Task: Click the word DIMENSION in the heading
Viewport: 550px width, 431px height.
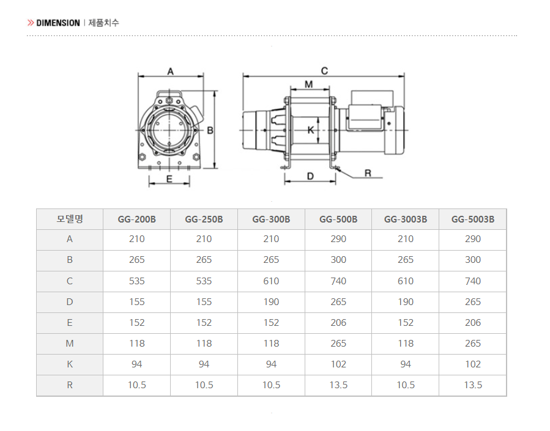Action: coord(58,23)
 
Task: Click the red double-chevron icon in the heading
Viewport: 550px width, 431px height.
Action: coord(31,23)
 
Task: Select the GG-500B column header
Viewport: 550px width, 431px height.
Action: coord(338,219)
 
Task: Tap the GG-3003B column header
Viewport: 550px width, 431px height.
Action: coord(406,219)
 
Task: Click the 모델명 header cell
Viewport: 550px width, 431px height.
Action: coord(70,219)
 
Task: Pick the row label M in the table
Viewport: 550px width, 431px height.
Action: coord(70,344)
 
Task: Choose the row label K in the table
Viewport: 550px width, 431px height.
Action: coord(70,364)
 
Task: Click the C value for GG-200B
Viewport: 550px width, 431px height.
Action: coord(137,281)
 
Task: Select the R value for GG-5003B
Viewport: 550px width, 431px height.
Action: coord(473,385)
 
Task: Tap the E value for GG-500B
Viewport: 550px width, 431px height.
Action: coord(338,323)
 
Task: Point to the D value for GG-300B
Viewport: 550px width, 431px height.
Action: coord(271,302)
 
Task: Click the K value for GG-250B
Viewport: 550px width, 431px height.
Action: coord(204,364)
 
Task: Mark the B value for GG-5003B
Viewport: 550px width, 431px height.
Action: coord(473,260)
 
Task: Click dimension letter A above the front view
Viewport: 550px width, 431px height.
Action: coord(171,72)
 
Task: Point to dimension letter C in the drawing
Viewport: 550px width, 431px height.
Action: coord(324,71)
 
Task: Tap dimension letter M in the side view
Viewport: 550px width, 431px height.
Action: coord(309,84)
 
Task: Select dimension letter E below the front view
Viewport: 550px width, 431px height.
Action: coord(169,179)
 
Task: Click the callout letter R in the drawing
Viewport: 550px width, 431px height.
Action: coord(368,173)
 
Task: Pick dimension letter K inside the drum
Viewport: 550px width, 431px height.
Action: coord(311,130)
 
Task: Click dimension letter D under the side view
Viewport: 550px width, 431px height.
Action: coord(310,176)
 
